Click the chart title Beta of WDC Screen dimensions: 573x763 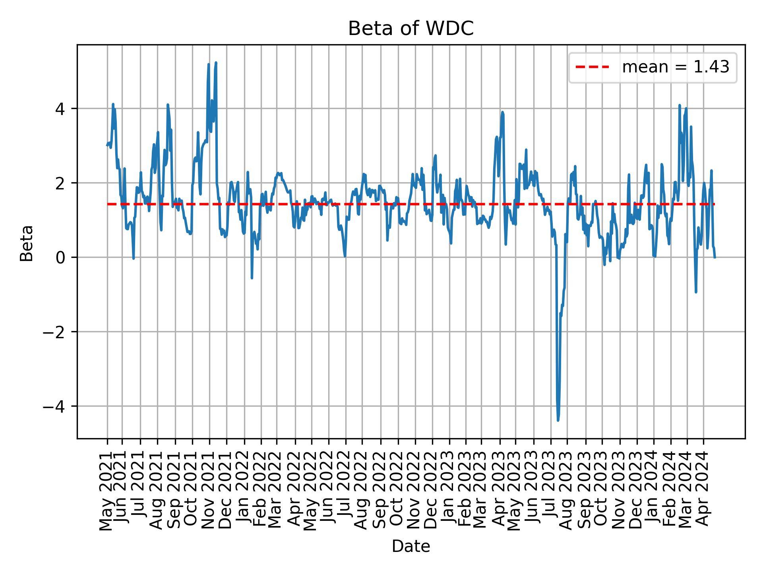[x=411, y=29]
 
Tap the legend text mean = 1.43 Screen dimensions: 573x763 [x=676, y=67]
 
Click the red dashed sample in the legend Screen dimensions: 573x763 [x=592, y=67]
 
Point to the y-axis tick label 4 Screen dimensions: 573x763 [x=60, y=109]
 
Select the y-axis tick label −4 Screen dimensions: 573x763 [x=54, y=406]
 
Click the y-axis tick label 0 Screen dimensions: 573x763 [x=60, y=257]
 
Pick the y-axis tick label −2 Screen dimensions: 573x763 [x=54, y=332]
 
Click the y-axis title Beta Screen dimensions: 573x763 [x=27, y=243]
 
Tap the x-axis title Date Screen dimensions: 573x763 [x=411, y=547]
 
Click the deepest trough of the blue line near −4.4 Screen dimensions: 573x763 [x=558, y=420]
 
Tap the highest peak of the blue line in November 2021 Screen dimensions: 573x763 [x=216, y=62]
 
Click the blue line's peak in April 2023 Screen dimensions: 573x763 [x=503, y=112]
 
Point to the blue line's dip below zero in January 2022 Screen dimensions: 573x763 [x=252, y=278]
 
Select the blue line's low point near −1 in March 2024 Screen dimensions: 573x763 [x=696, y=292]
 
